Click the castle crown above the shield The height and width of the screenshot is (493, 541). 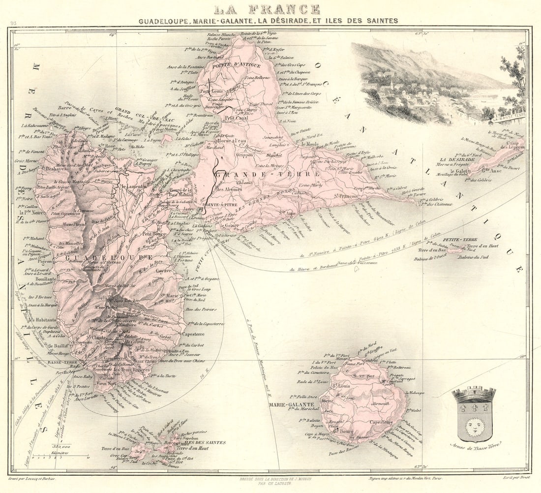coord(474,394)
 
